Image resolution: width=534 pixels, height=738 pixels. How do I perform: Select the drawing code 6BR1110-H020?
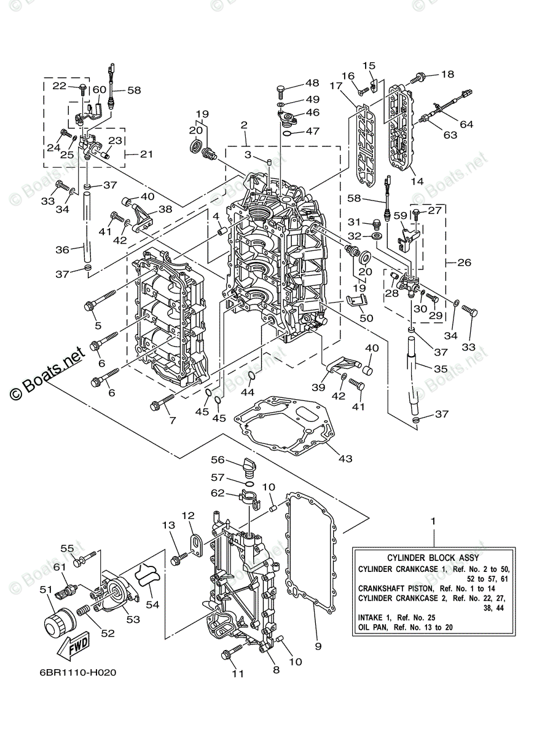click(x=77, y=673)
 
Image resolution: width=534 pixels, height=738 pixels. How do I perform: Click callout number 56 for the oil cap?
click(x=219, y=459)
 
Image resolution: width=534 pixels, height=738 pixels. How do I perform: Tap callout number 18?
click(x=447, y=74)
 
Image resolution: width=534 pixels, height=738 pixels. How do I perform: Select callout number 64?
click(x=466, y=124)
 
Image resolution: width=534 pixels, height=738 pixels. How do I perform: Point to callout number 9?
click(x=318, y=646)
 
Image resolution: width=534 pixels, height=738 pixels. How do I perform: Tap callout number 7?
click(x=171, y=421)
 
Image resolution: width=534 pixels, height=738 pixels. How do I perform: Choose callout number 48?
click(x=312, y=84)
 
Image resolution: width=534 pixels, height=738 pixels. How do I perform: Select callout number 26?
click(x=465, y=263)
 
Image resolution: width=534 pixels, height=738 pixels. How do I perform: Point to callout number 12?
click(x=187, y=515)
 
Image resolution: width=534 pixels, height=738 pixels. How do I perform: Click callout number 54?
click(x=152, y=605)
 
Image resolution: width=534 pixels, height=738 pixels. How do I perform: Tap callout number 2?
click(x=244, y=125)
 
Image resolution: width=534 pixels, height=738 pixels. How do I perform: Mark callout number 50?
click(x=367, y=318)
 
